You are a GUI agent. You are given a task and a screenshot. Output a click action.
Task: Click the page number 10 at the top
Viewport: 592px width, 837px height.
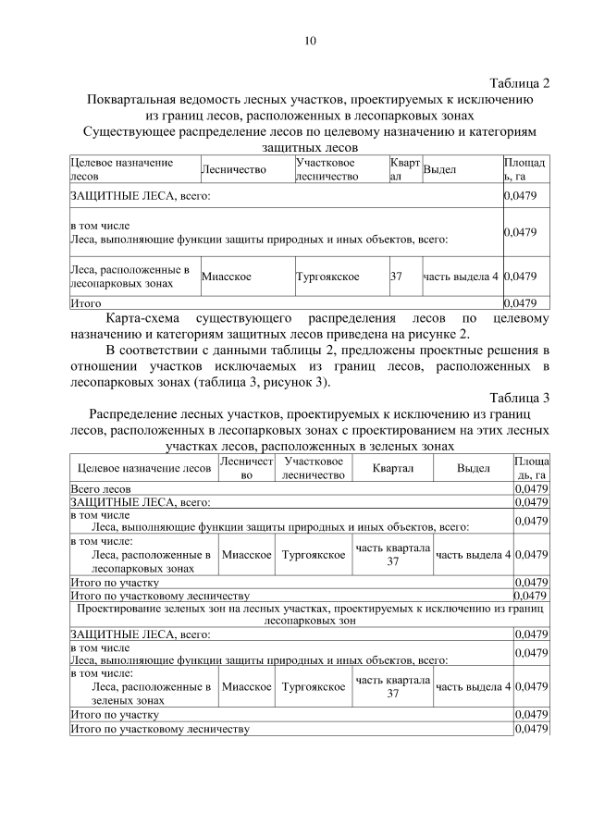click(x=310, y=41)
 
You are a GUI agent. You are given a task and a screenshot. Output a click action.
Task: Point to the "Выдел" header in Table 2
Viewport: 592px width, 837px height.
click(x=439, y=169)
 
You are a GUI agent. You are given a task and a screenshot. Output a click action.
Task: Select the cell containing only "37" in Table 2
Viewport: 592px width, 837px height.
click(x=396, y=277)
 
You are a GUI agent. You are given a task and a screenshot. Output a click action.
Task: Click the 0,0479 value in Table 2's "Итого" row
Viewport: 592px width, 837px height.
click(x=520, y=302)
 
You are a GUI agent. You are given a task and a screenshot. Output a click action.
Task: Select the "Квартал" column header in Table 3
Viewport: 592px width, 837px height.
click(x=392, y=468)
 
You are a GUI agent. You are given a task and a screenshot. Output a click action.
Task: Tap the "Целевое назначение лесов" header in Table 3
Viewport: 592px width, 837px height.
click(x=143, y=468)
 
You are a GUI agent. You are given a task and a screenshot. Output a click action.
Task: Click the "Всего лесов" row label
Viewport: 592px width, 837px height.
click(x=101, y=487)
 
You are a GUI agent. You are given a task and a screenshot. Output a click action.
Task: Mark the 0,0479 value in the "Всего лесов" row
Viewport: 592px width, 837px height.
click(x=531, y=487)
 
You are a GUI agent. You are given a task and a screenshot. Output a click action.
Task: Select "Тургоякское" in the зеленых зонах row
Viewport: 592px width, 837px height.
click(x=314, y=687)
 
